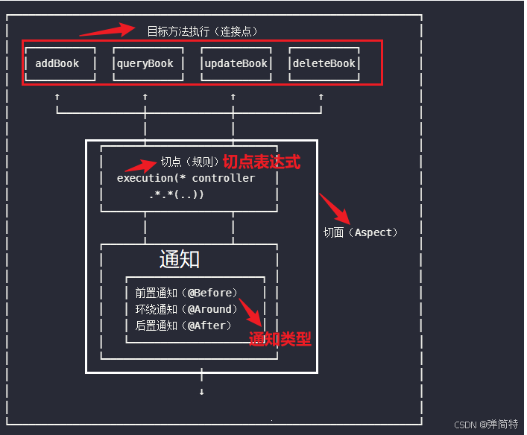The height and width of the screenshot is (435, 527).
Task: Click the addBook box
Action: (x=57, y=63)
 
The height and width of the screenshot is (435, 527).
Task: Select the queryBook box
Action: (x=145, y=63)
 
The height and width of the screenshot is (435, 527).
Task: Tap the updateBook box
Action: (x=235, y=63)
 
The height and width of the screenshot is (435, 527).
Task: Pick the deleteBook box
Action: (x=324, y=63)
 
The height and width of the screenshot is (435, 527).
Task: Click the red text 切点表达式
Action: (x=262, y=162)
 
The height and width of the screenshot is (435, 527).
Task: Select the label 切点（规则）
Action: (x=190, y=162)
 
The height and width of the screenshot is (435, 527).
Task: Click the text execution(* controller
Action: (x=186, y=178)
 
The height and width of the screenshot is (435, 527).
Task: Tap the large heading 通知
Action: (x=180, y=259)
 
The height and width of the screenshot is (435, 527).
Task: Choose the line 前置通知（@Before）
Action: (x=186, y=293)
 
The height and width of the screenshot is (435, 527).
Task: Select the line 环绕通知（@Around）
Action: (x=186, y=309)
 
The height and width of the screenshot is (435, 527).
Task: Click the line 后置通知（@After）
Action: (x=183, y=326)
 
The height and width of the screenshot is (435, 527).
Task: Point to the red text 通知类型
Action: (x=280, y=340)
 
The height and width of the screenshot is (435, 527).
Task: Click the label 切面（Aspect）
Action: (x=361, y=232)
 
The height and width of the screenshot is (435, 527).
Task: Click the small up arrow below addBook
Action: (x=57, y=97)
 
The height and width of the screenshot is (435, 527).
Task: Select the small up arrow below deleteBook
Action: (x=321, y=97)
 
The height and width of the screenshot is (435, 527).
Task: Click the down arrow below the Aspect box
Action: (x=201, y=391)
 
